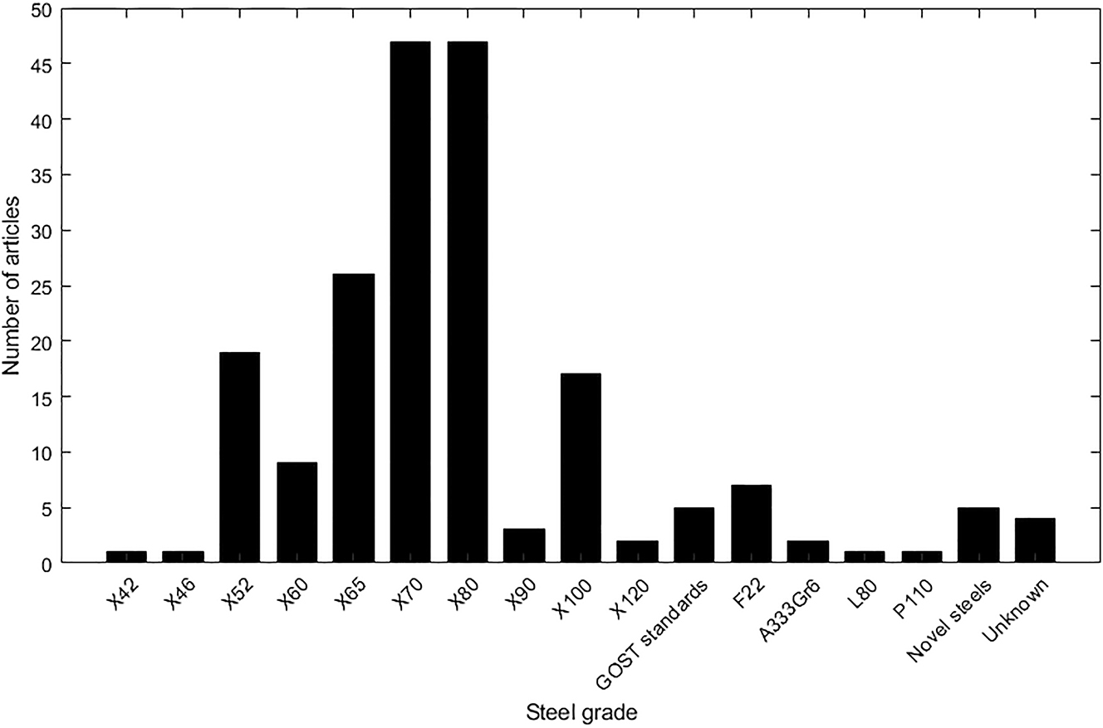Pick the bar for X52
pos(239,457)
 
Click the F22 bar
pos(751,524)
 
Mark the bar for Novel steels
pos(978,535)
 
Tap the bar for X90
pos(524,545)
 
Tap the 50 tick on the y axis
pos(42,10)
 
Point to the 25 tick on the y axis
pos(42,286)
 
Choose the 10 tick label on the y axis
pos(42,452)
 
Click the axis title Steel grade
pos(581,712)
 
